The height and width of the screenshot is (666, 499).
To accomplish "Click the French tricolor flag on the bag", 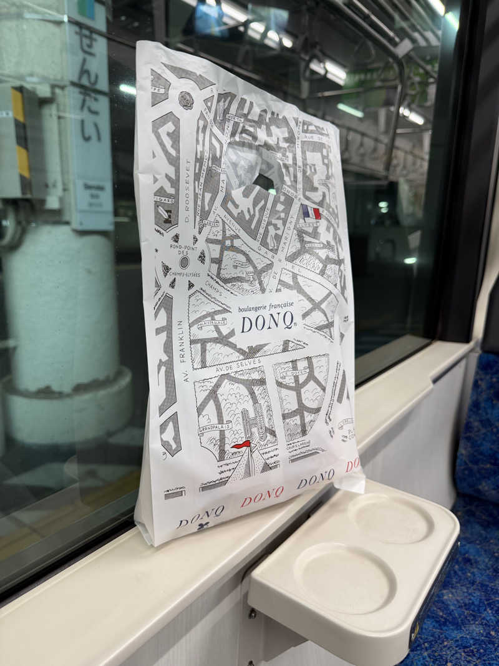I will (311, 213).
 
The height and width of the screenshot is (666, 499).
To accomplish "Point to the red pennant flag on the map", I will (242, 444).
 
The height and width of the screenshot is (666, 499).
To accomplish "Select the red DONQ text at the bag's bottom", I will (262, 496).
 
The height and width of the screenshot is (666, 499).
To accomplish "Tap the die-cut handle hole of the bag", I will (263, 182).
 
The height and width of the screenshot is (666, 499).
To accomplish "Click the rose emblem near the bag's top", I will (185, 99).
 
